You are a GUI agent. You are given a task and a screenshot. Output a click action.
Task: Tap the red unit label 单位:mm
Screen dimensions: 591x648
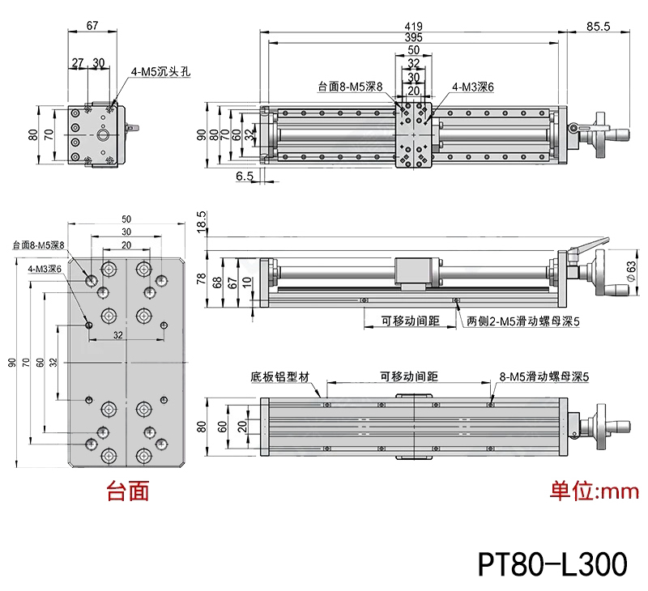[x=595, y=491]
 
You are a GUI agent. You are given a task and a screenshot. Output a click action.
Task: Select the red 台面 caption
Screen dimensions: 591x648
[x=128, y=491]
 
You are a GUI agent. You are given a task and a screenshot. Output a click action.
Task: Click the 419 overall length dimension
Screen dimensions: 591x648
[x=413, y=25]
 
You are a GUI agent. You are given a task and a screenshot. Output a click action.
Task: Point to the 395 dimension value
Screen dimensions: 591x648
[x=413, y=37]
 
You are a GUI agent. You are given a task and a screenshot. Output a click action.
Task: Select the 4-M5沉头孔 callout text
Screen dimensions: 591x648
[x=160, y=71]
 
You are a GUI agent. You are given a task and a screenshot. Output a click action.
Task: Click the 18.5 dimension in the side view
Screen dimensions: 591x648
[x=201, y=221]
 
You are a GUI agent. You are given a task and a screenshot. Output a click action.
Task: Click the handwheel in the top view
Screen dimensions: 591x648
[x=607, y=134]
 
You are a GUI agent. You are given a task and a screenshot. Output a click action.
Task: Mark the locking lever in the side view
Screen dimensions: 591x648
[x=590, y=244]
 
